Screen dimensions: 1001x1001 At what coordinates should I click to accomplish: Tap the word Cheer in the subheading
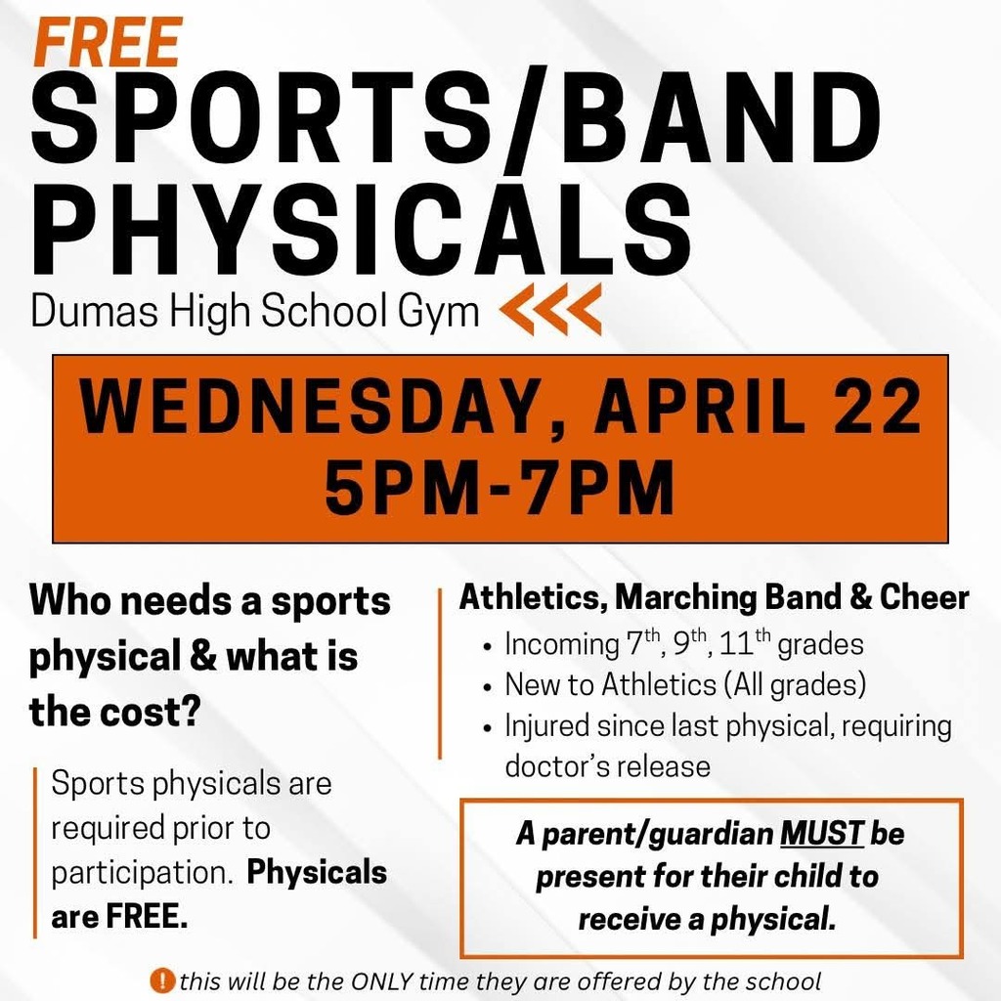coord(924,597)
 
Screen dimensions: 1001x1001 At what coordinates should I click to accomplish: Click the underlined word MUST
coord(822,834)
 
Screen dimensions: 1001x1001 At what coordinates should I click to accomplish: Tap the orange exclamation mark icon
coord(161,979)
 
